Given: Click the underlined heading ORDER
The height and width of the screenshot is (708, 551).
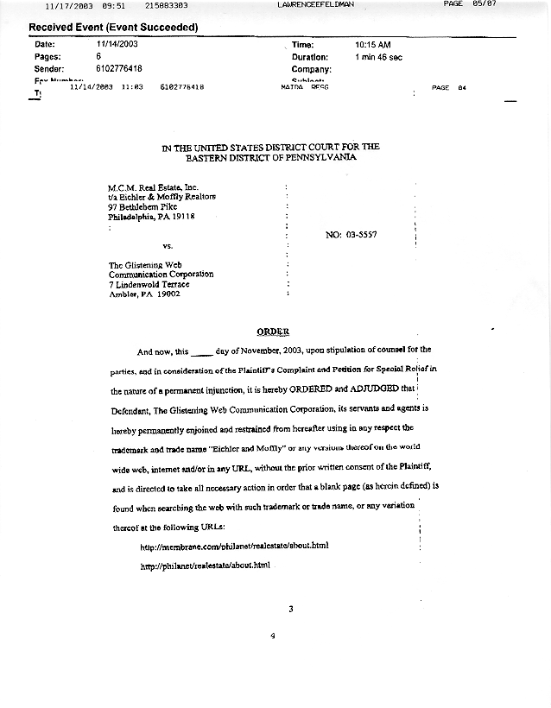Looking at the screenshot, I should (273, 332).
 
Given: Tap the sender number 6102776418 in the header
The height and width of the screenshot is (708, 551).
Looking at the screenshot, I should (119, 69).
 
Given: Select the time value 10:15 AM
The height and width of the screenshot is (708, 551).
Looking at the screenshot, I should (373, 44).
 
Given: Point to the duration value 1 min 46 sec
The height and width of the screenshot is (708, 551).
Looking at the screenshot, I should (379, 57).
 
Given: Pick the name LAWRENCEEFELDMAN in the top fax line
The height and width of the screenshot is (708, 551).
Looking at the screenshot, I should (316, 5).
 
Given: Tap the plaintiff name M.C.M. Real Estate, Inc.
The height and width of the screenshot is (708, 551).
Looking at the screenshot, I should (153, 187).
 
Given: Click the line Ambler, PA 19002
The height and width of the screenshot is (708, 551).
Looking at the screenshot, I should (144, 294).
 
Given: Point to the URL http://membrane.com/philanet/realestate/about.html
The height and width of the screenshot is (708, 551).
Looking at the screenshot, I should (235, 547).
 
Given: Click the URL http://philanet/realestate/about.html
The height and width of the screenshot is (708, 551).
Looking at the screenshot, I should (206, 566).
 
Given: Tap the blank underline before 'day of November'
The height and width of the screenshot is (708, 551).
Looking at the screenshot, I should (199, 353).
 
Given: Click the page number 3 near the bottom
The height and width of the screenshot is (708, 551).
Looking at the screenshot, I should (291, 610).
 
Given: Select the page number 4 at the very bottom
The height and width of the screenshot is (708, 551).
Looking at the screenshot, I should (272, 636).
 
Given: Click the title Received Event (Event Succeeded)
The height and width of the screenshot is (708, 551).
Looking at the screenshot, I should (113, 27).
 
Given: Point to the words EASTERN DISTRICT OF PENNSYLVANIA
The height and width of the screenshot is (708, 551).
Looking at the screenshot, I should (270, 158).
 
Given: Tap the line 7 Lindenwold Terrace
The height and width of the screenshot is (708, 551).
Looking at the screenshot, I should (149, 284).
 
